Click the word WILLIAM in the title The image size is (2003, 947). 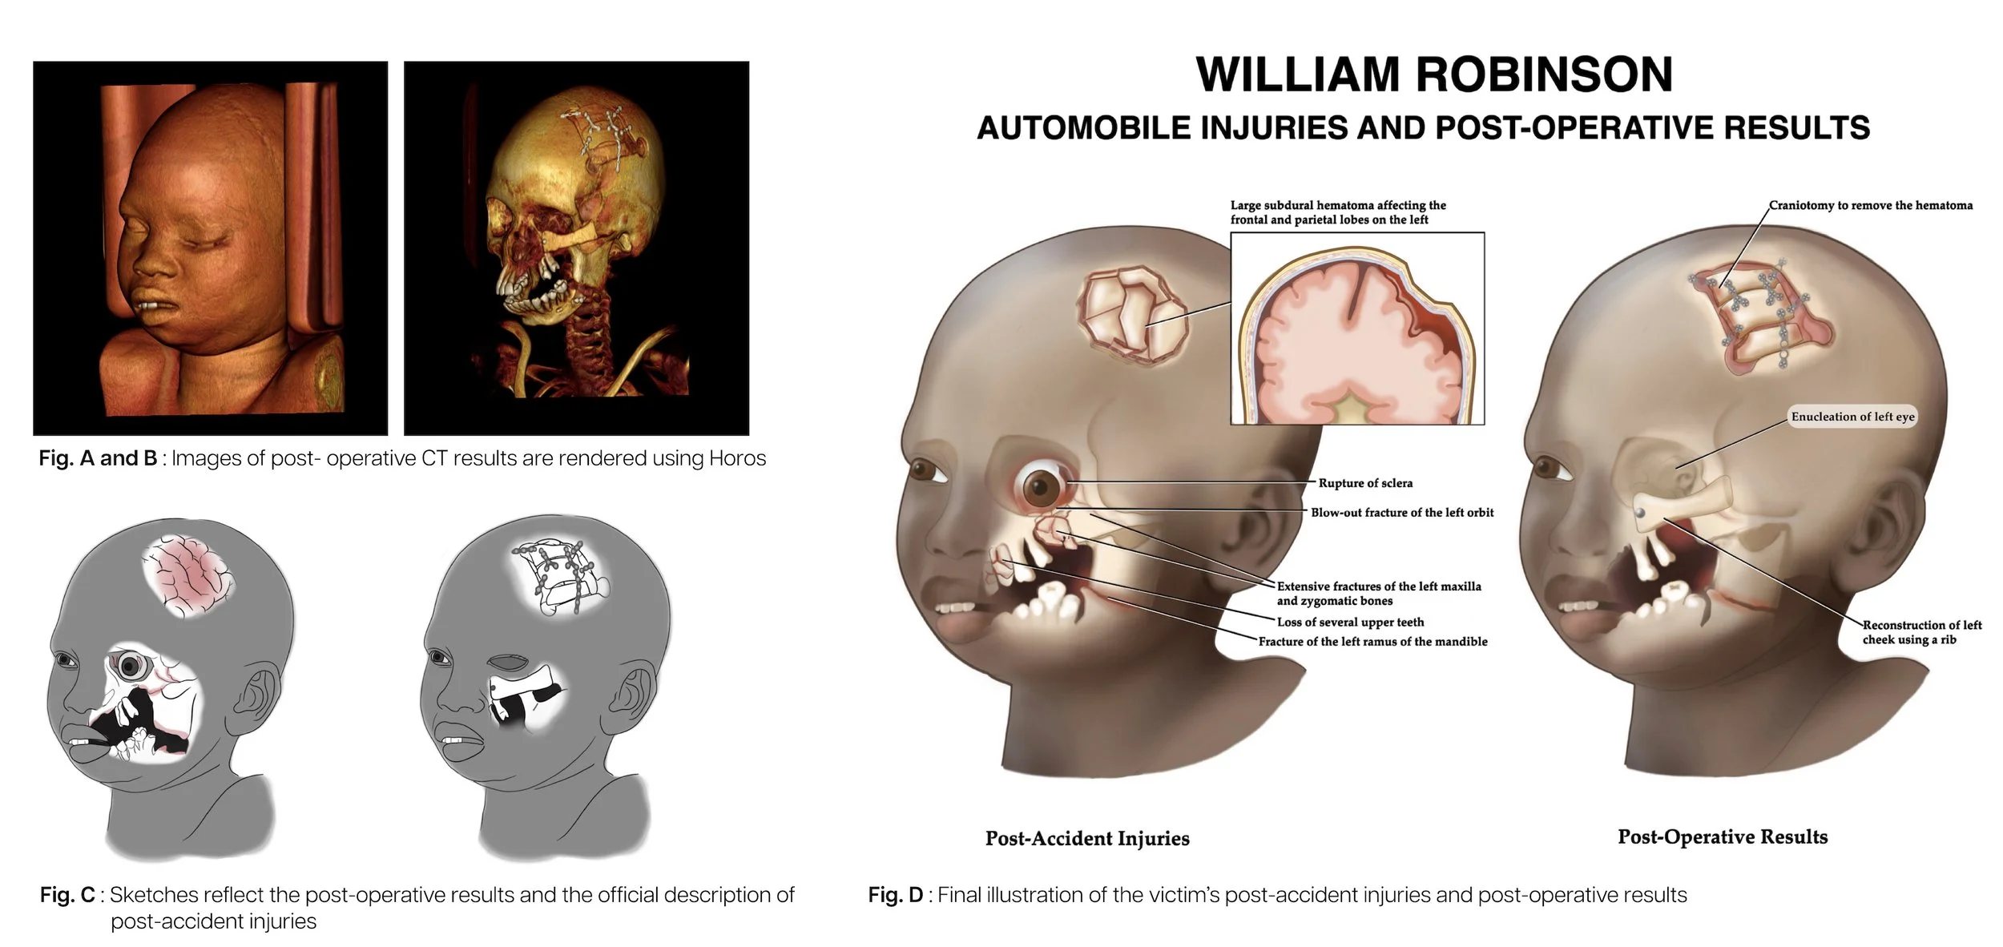(1297, 75)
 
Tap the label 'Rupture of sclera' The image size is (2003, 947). (1365, 483)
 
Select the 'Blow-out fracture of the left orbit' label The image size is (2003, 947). (1402, 513)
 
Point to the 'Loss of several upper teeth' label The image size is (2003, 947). (1350, 622)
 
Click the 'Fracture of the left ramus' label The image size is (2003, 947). (1372, 642)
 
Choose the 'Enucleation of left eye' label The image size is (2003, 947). (1852, 417)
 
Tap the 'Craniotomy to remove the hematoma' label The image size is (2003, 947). (1871, 206)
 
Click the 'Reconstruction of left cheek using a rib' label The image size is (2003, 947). (1921, 632)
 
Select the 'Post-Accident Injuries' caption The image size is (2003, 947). (1087, 839)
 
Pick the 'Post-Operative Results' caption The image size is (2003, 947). (1723, 837)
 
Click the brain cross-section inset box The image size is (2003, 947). (1357, 328)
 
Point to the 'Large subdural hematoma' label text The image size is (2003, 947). (1338, 212)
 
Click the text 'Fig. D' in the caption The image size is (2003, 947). (895, 895)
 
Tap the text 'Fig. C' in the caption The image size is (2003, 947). (67, 895)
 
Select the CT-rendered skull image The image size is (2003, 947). (576, 248)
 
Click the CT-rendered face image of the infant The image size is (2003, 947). (210, 248)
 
